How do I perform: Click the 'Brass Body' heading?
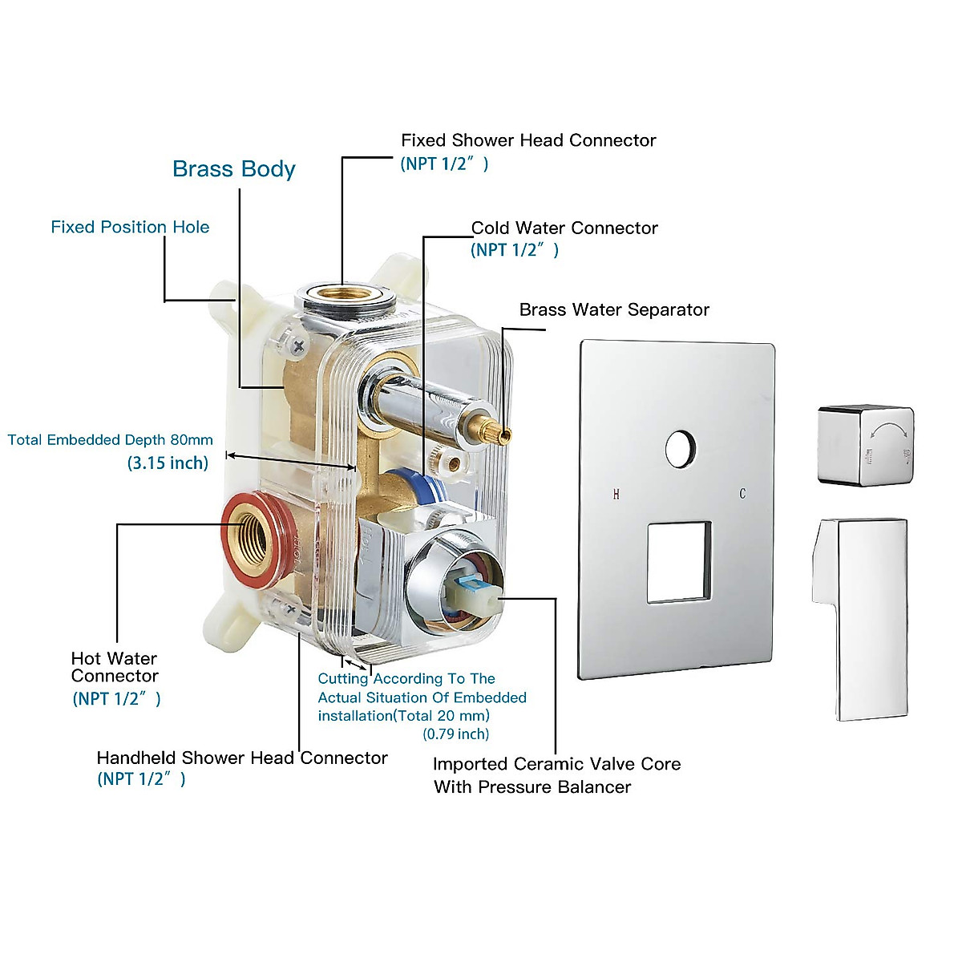(x=233, y=169)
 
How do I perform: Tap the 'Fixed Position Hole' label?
(x=130, y=227)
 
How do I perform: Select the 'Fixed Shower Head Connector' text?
(x=528, y=140)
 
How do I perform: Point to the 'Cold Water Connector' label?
(x=564, y=228)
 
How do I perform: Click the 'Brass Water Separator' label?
(x=614, y=309)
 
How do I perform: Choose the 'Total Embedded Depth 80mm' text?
(x=111, y=439)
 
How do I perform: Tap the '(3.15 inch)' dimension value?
(x=168, y=463)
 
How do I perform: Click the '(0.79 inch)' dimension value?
(x=455, y=734)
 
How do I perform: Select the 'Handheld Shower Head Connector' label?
(x=241, y=758)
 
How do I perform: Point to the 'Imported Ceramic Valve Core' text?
(x=556, y=764)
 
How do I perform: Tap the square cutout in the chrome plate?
(x=678, y=562)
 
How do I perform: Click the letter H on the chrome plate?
(x=616, y=494)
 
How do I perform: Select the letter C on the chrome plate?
(x=742, y=493)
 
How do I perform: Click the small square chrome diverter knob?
(x=865, y=445)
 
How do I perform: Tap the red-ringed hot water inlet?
(x=251, y=536)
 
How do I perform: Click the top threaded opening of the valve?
(x=346, y=293)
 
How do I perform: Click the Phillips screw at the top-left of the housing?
(x=299, y=346)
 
